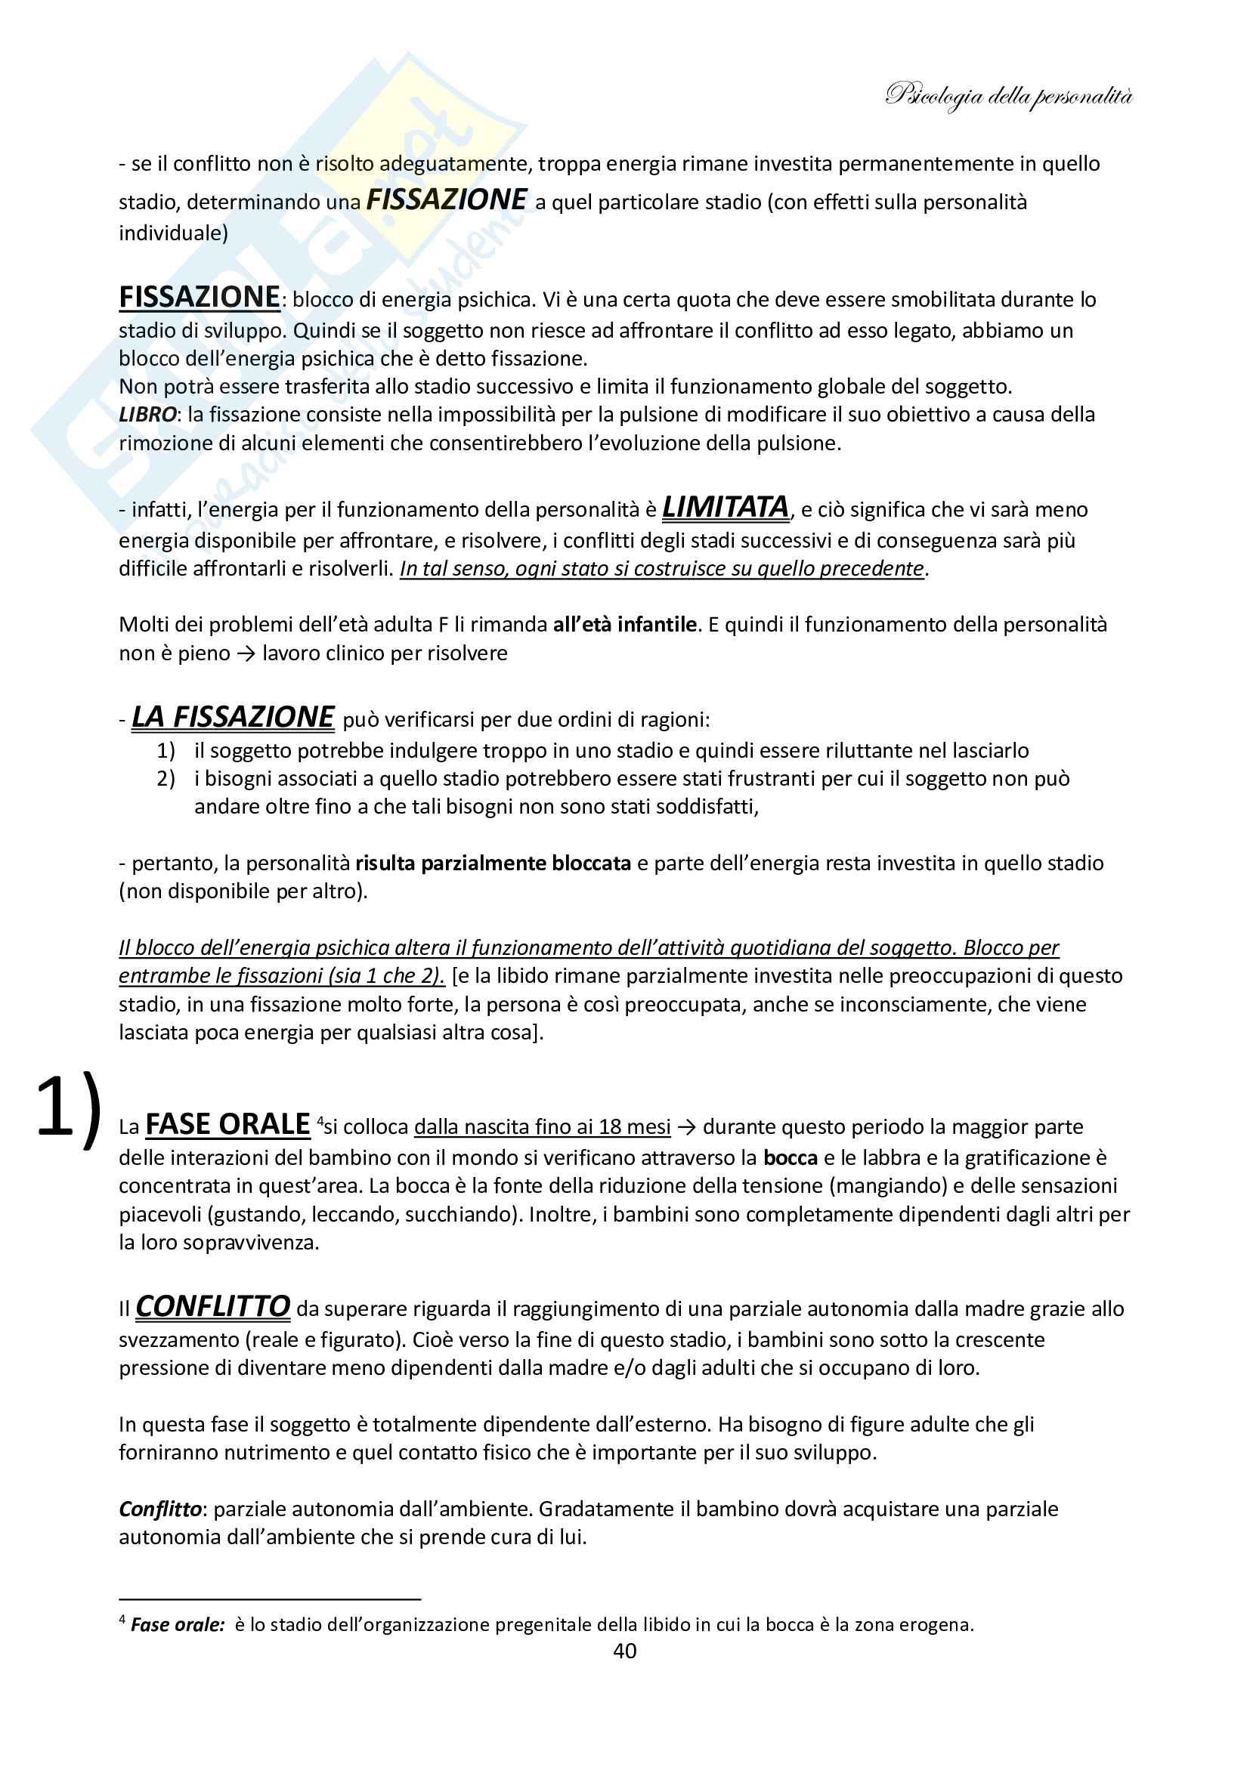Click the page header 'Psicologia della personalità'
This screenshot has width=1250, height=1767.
pyautogui.click(x=1008, y=96)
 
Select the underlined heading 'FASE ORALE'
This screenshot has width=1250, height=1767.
pyautogui.click(x=227, y=1124)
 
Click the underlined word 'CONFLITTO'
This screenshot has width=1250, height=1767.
pyautogui.click(x=212, y=1307)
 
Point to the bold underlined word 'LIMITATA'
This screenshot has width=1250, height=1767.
pyautogui.click(x=725, y=507)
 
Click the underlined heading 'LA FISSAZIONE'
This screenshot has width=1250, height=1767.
pyautogui.click(x=233, y=717)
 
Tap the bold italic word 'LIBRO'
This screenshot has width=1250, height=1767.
pyautogui.click(x=147, y=415)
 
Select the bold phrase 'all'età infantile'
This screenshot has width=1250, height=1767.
pyautogui.click(x=624, y=624)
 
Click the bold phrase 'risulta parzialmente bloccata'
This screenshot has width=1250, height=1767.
pyautogui.click(x=493, y=863)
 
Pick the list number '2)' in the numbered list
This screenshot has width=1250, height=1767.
pyautogui.click(x=166, y=779)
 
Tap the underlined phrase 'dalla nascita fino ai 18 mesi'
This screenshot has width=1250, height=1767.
pyautogui.click(x=542, y=1127)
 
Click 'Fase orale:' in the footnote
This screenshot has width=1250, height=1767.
pyautogui.click(x=177, y=1624)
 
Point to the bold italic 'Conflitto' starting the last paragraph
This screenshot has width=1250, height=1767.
pyautogui.click(x=160, y=1509)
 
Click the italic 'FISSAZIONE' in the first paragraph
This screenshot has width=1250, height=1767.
pyautogui.click(x=447, y=200)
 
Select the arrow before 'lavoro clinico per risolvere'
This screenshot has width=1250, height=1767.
pyautogui.click(x=246, y=653)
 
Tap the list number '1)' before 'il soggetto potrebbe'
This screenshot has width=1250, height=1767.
pyautogui.click(x=166, y=750)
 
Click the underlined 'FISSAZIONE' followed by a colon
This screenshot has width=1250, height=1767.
pyautogui.click(x=199, y=297)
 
